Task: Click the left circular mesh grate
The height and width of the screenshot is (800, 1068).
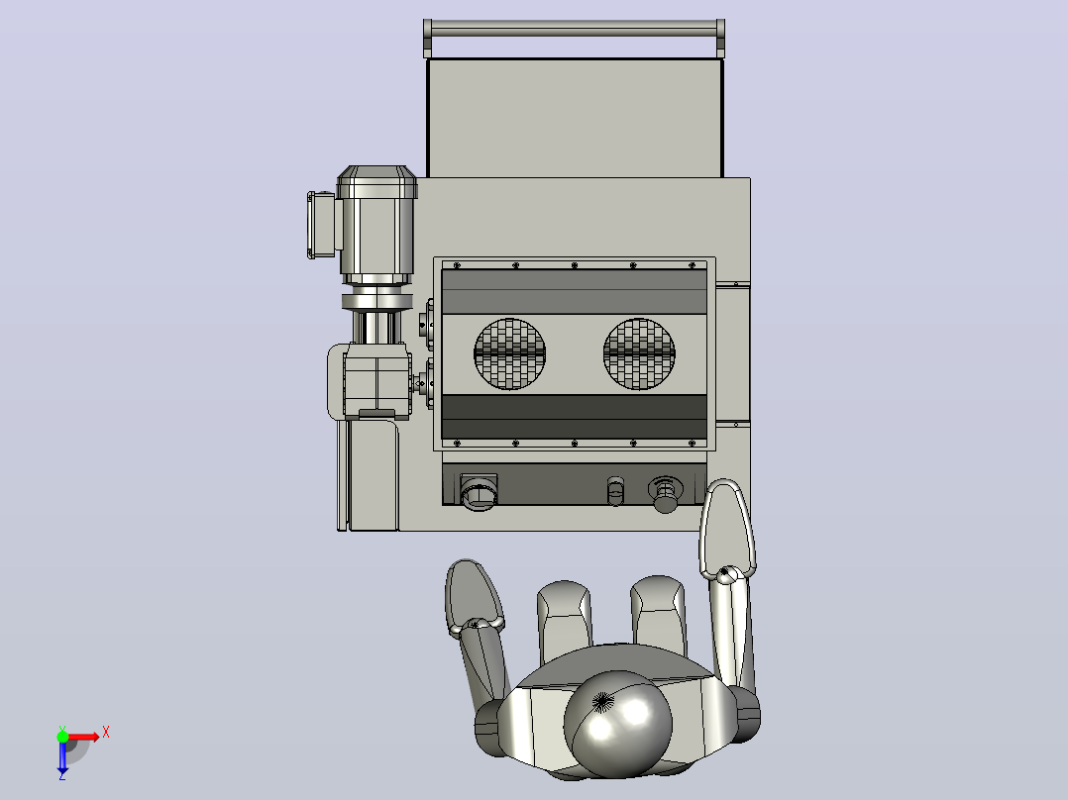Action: [x=509, y=354]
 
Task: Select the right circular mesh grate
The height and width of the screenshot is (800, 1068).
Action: [x=639, y=354]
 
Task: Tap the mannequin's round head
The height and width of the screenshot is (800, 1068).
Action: [x=617, y=723]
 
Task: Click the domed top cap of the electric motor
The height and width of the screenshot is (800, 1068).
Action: [x=376, y=181]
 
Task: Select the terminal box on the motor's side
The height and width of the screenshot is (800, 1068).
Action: [x=321, y=225]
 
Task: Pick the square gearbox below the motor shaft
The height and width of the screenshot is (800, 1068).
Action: [x=376, y=380]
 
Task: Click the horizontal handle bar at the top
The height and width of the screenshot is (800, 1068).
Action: [x=574, y=29]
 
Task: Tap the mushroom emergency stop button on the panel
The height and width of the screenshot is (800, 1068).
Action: [x=665, y=494]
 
